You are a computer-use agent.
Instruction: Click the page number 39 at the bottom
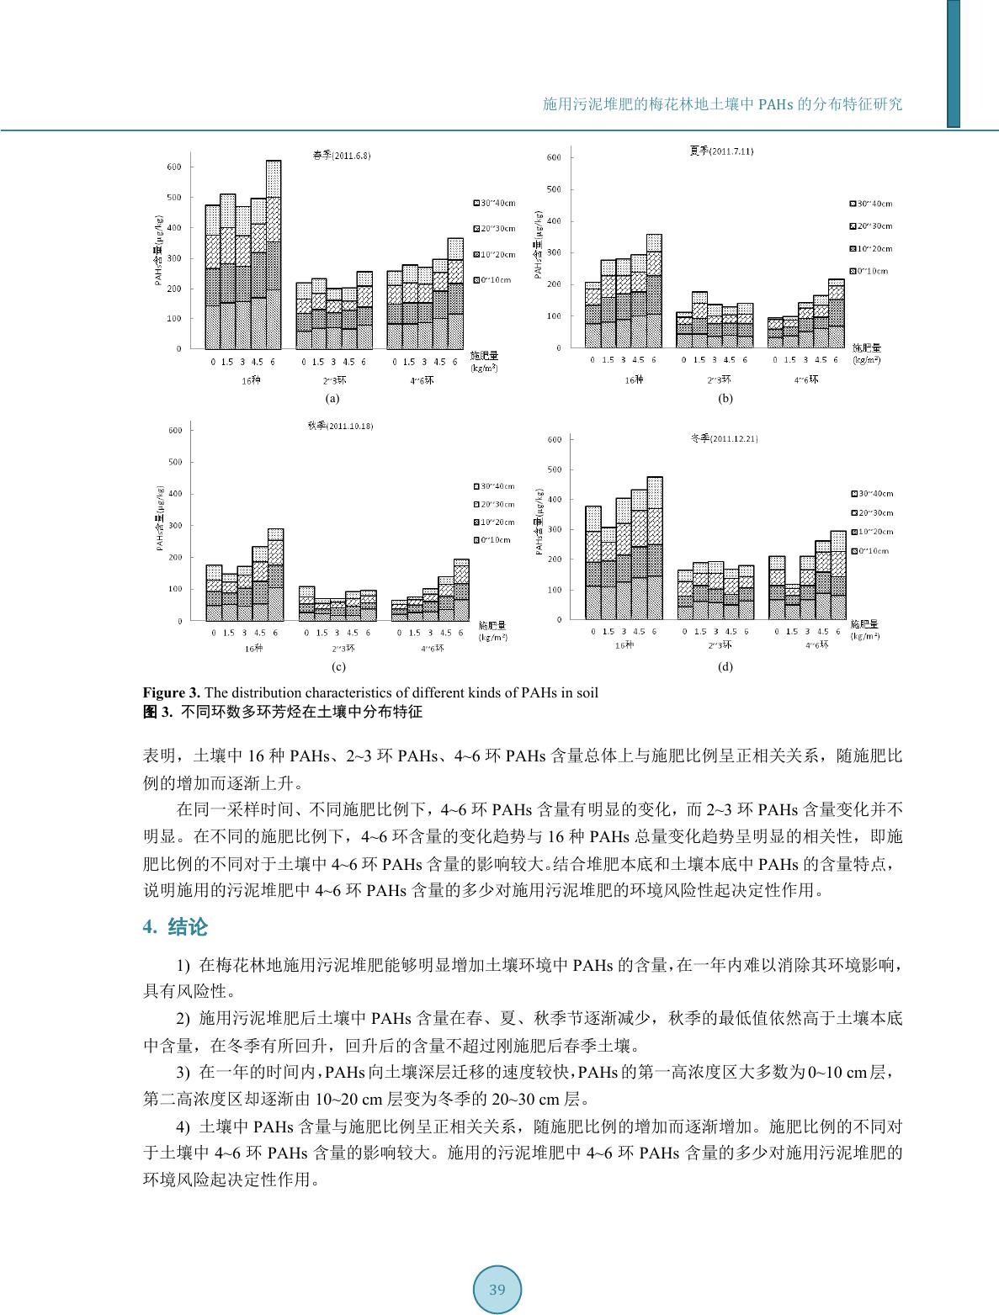[x=497, y=1290]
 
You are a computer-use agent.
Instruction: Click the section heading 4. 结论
[x=175, y=927]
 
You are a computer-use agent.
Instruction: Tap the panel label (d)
[x=725, y=667]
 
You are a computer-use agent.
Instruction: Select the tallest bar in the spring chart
[x=274, y=252]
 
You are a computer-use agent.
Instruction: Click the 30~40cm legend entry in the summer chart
[x=871, y=204]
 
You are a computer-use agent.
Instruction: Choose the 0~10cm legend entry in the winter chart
[x=871, y=550]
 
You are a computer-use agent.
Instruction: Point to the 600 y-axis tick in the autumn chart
[x=175, y=431]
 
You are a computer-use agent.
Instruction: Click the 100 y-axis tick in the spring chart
[x=173, y=318]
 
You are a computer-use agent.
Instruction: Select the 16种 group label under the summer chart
[x=634, y=380]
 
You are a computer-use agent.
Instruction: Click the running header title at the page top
[x=722, y=105]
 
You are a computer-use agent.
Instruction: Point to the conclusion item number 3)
[x=183, y=1072]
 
